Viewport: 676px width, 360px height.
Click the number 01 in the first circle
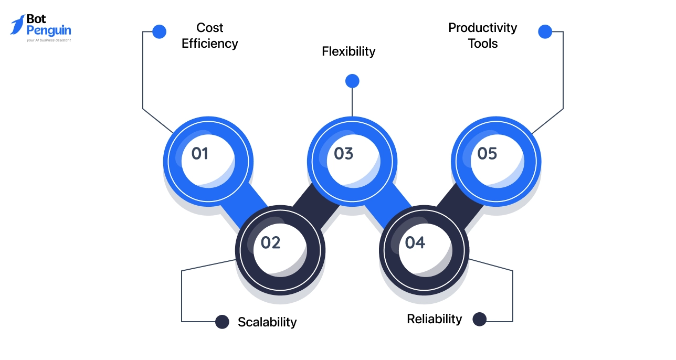pyautogui.click(x=199, y=154)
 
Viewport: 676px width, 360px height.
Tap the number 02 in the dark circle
pyautogui.click(x=271, y=243)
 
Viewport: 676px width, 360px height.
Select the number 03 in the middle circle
pyautogui.click(x=344, y=154)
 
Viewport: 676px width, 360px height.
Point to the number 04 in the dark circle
pyautogui.click(x=415, y=243)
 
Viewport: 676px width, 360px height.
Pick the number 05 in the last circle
pyautogui.click(x=487, y=154)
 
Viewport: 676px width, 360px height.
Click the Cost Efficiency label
pyautogui.click(x=210, y=36)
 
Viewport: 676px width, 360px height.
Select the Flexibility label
pyautogui.click(x=348, y=51)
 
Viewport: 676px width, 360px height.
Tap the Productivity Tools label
pyautogui.click(x=483, y=36)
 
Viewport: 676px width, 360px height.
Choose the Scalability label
pyautogui.click(x=267, y=322)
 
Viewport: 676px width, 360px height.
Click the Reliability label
pyautogui.click(x=435, y=319)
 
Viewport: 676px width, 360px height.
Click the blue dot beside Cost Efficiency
pyautogui.click(x=159, y=31)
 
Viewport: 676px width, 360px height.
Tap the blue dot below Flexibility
pyautogui.click(x=352, y=81)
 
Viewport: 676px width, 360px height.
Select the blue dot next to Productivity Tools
pyautogui.click(x=545, y=31)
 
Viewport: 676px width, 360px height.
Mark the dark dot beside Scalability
pyautogui.click(x=223, y=322)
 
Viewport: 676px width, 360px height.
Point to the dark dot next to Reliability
pyautogui.click(x=480, y=319)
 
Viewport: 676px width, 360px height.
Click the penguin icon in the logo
pyautogui.click(x=17, y=25)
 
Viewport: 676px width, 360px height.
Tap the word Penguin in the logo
pyautogui.click(x=48, y=31)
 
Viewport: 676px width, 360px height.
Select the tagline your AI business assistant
pyautogui.click(x=48, y=40)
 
